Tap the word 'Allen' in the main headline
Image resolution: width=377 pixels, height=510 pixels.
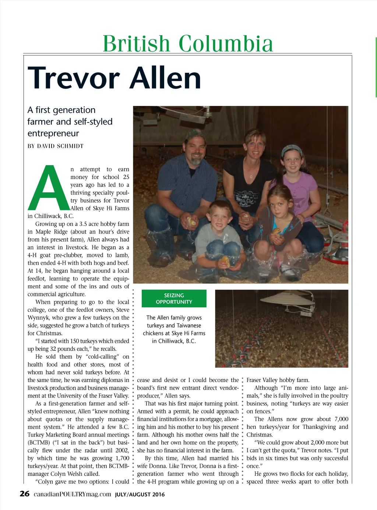165,78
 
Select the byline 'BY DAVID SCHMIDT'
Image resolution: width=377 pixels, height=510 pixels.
56,146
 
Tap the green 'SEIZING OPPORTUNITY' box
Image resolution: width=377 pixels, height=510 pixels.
174,299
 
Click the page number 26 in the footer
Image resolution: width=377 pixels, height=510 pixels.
25,494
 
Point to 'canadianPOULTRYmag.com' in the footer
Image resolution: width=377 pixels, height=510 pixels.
72,494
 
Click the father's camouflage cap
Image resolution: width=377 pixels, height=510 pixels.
195,135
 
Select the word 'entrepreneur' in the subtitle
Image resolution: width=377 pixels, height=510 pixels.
53,133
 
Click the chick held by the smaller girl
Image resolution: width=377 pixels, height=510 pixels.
276,232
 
